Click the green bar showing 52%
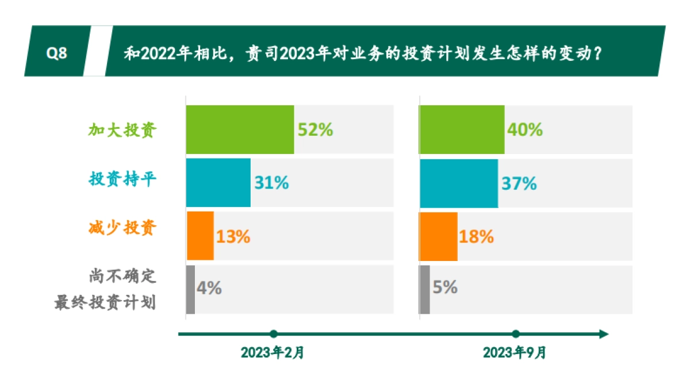click(240, 129)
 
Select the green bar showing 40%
click(462, 129)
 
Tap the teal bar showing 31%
click(218, 183)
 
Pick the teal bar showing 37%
click(459, 183)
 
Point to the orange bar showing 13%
click(200, 236)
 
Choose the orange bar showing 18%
click(439, 236)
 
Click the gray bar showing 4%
click(190, 289)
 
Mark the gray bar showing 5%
click(425, 289)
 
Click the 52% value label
click(315, 129)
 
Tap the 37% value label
click(519, 183)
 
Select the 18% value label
click(477, 236)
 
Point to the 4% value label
click(209, 288)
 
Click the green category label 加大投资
click(122, 130)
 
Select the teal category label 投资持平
click(122, 179)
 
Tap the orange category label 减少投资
click(122, 228)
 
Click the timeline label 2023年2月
click(273, 352)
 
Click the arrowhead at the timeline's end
click(603, 334)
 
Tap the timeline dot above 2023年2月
click(274, 334)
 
